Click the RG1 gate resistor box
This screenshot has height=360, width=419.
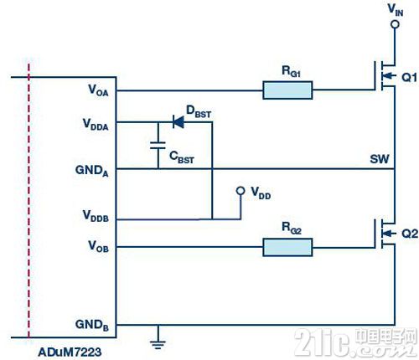coord(287,90)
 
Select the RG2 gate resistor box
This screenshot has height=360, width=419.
coord(287,247)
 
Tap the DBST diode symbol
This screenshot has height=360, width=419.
coord(178,122)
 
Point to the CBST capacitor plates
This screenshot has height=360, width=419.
coord(158,146)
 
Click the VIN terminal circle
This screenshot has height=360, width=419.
coord(395,24)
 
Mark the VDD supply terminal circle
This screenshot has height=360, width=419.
coord(241,191)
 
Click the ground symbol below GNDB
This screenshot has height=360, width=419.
coord(158,345)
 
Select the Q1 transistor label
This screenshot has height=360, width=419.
coord(409,77)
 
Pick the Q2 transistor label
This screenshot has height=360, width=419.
coord(410,234)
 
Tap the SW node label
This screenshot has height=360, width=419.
coord(380,159)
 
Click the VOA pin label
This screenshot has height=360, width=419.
coord(98,90)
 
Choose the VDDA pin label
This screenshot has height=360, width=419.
coord(96,125)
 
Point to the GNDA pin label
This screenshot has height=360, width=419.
coord(91,171)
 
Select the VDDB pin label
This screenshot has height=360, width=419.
coord(96,216)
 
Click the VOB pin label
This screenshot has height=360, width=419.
coord(98,246)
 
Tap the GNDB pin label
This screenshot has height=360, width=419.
coord(91,325)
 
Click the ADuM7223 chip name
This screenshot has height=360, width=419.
coord(70,352)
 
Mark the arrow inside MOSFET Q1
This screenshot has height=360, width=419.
coord(389,76)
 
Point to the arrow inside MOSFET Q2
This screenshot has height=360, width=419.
coord(389,233)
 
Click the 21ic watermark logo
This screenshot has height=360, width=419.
coord(355,342)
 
